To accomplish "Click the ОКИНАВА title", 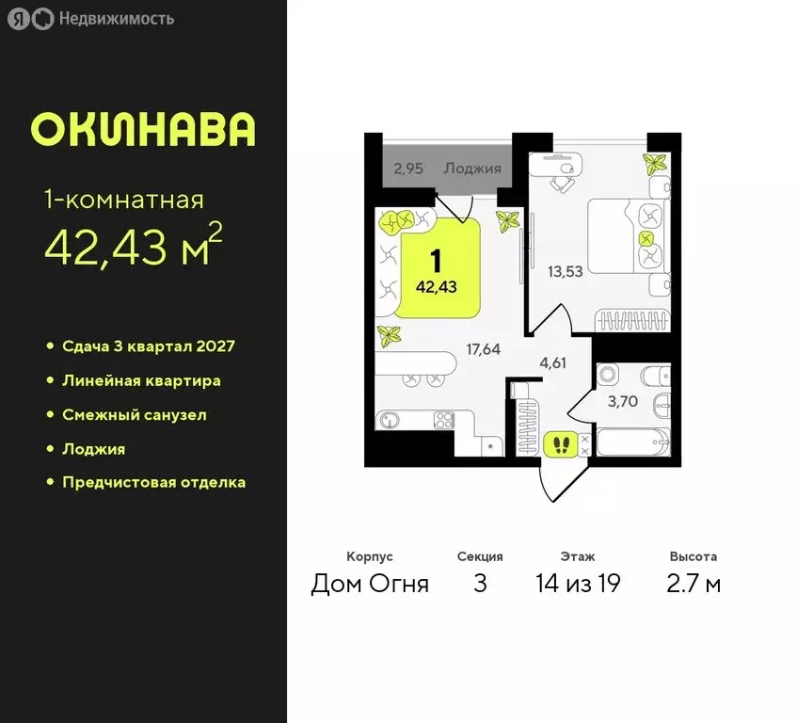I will [x=143, y=131].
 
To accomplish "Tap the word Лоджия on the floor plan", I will [x=472, y=169].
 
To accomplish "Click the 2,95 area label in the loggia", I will [x=409, y=169].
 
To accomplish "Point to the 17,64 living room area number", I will [x=484, y=348].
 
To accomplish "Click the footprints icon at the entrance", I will [x=562, y=442].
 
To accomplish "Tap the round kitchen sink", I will [x=384, y=421].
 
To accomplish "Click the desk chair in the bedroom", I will [x=563, y=181].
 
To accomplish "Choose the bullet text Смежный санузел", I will [x=134, y=414].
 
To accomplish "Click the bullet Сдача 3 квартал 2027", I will [x=148, y=345].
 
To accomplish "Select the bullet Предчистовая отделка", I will [x=153, y=482].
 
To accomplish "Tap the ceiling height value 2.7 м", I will [x=693, y=584].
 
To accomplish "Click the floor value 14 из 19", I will [x=577, y=584].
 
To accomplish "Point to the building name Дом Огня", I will [x=370, y=584].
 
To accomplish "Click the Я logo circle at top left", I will [x=19, y=18].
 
